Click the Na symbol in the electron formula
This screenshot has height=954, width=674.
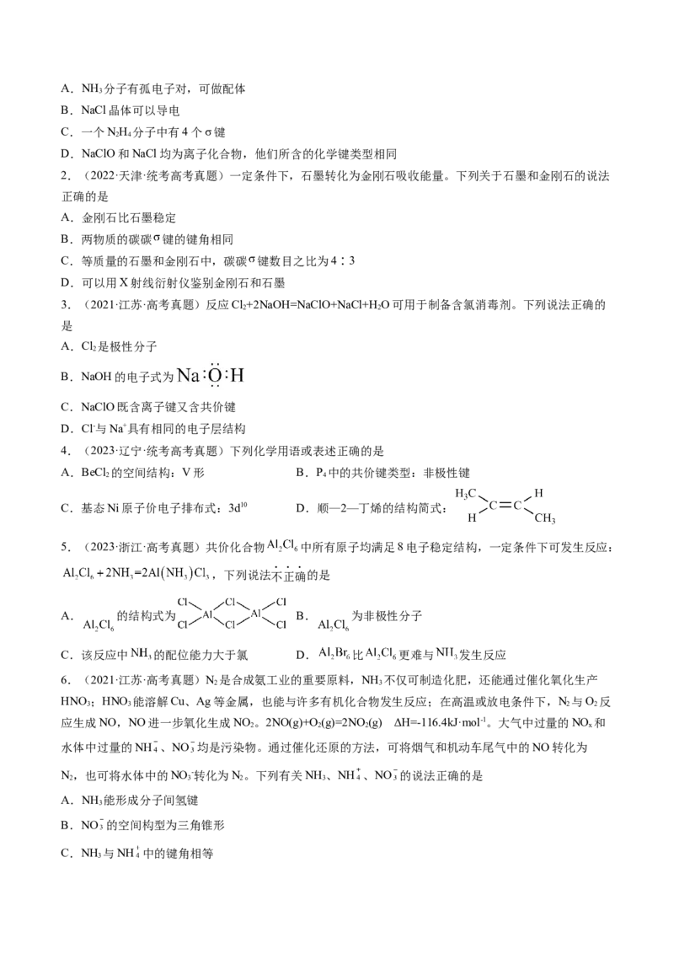[189, 376]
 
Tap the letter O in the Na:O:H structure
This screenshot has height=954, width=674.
[215, 376]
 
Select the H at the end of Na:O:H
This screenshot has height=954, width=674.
[237, 376]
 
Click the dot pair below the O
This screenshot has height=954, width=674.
[215, 387]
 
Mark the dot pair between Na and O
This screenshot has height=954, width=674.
[204, 376]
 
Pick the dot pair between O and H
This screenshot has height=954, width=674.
[226, 376]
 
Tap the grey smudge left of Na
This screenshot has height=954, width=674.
[170, 378]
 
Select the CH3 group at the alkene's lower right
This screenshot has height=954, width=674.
[545, 518]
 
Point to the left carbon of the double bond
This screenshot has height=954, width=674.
[494, 506]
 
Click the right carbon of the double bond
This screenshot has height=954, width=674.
[517, 506]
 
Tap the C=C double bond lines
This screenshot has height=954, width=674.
[505, 506]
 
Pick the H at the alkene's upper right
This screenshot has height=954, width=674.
[539, 491]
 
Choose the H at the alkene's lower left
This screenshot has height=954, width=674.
[473, 519]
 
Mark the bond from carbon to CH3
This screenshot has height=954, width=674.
[528, 512]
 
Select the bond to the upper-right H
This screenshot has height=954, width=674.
[528, 499]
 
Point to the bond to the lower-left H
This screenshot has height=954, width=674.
[483, 512]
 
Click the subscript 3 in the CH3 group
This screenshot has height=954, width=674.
[554, 521]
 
